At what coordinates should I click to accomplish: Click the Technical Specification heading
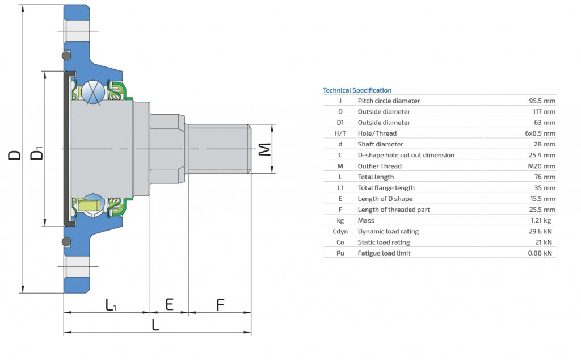coord(357,90)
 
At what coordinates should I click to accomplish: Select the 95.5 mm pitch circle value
coord(542,101)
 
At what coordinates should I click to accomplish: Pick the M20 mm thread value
coord(542,166)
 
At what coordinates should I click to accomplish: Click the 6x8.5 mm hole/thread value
coord(540,133)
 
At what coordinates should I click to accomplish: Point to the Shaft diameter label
coord(380,144)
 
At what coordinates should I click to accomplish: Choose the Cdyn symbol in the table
coord(340,231)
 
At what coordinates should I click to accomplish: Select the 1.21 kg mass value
coord(541,220)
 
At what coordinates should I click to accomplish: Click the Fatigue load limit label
coord(384,253)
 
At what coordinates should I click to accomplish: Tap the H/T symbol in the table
coord(340,133)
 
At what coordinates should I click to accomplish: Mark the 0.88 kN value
coord(540,253)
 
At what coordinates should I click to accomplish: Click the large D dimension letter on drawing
coord(15,155)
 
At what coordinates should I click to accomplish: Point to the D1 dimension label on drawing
coord(37,153)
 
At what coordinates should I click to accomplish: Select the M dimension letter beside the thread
coord(264,149)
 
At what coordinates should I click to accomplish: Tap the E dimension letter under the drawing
coord(169,305)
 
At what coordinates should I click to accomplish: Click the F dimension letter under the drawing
coord(220,305)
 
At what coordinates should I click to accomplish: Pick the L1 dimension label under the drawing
coord(111,305)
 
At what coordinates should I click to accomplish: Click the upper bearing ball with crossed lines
coord(94,92)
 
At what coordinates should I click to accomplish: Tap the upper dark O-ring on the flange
coord(66,56)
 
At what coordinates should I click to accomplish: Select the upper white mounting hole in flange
coord(77,31)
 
